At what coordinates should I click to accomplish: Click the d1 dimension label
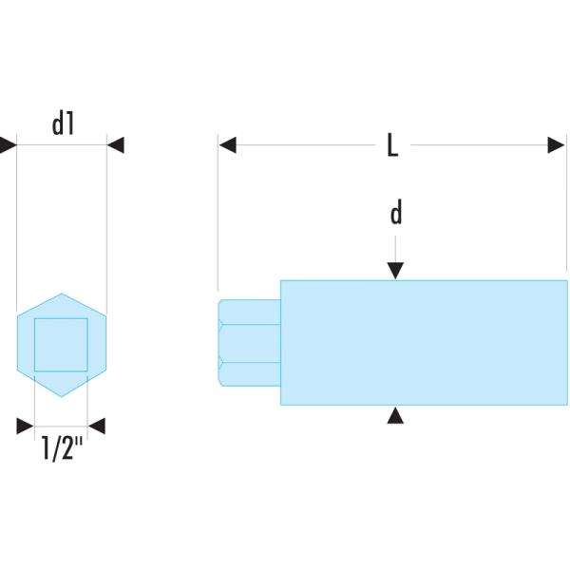[63, 123]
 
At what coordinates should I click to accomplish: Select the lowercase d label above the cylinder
[396, 213]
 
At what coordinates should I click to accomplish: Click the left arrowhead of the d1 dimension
[8, 145]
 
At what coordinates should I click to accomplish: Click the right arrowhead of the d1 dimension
[116, 145]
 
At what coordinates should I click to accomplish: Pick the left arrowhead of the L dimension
[227, 145]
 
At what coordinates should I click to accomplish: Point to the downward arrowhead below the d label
[396, 272]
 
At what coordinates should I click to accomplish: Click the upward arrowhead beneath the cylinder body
[396, 414]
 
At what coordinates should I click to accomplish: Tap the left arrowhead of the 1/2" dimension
[25, 427]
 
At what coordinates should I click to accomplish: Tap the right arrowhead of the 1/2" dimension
[96, 427]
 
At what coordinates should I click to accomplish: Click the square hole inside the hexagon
[61, 344]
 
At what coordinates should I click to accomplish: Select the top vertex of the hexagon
[61, 294]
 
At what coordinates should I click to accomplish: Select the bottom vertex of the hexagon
[61, 396]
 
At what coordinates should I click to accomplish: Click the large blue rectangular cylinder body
[424, 343]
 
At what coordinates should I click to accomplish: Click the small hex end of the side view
[249, 343]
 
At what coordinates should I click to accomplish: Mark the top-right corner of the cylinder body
[567, 281]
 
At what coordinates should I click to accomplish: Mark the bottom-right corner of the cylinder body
[567, 405]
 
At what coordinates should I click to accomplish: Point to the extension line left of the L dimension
[218, 218]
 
